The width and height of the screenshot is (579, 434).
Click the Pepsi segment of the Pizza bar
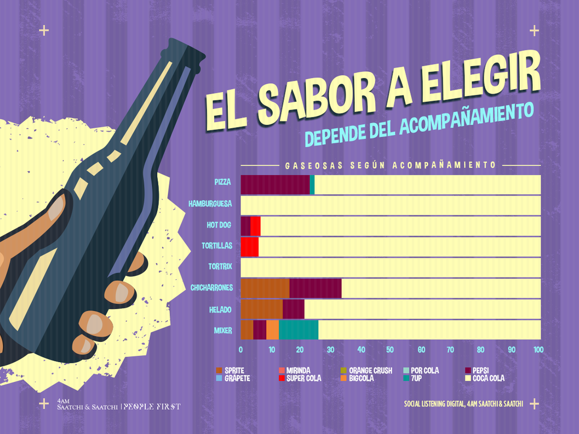coord(275,185)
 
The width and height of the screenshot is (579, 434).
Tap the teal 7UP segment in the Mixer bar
coord(299,329)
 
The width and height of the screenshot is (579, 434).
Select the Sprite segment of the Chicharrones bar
coord(265,288)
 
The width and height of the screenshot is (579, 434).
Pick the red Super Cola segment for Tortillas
coord(249,247)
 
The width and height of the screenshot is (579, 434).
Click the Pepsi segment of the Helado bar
coord(293,309)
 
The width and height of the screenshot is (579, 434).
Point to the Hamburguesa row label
coord(210,203)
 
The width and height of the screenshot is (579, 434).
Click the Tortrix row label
coord(219,266)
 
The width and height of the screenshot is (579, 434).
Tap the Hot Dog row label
coord(219,225)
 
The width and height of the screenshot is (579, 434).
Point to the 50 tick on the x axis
coord(390,350)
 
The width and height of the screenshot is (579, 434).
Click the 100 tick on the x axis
coord(538,350)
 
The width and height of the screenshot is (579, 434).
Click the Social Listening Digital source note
coord(464,403)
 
